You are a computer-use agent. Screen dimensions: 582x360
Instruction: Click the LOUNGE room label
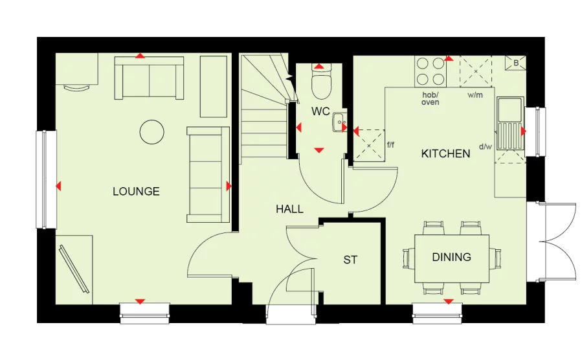[136, 192]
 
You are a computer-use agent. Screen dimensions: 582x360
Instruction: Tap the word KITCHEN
[446, 153]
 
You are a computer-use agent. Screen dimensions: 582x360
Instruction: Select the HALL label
[289, 209]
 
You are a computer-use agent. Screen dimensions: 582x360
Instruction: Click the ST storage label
[350, 260]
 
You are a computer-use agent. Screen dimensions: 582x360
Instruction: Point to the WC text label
[320, 111]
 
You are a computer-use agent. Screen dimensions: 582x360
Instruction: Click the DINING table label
[452, 257]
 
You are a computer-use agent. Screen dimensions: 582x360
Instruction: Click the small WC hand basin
[340, 122]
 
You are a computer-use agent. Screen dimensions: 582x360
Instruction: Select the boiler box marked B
[515, 63]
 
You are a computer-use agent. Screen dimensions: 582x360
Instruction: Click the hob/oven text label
[431, 98]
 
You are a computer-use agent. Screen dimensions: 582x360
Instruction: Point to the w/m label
[475, 95]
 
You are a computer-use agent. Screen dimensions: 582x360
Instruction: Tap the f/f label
[390, 145]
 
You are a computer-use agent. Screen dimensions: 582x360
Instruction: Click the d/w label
[486, 146]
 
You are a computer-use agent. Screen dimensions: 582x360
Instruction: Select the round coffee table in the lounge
[152, 132]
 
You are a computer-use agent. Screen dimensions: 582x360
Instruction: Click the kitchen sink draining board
[509, 135]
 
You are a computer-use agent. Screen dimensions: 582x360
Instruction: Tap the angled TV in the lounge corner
[74, 268]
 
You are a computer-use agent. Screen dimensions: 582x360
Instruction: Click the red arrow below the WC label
[319, 150]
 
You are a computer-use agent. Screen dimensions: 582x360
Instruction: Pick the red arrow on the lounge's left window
[58, 186]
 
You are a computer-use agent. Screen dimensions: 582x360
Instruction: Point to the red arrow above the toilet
[319, 67]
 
